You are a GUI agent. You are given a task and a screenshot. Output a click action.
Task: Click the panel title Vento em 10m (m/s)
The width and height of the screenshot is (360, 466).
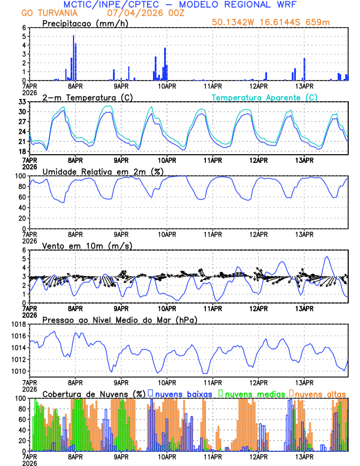(x=88, y=245)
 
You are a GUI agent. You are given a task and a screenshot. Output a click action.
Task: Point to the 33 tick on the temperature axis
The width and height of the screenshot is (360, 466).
(x=23, y=102)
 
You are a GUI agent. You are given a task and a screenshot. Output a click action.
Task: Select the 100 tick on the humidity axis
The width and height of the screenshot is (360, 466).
(x=21, y=176)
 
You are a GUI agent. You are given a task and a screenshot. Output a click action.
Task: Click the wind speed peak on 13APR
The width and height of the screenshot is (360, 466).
(x=326, y=257)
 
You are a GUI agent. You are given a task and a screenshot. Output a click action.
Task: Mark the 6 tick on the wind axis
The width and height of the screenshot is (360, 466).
(x=25, y=250)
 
